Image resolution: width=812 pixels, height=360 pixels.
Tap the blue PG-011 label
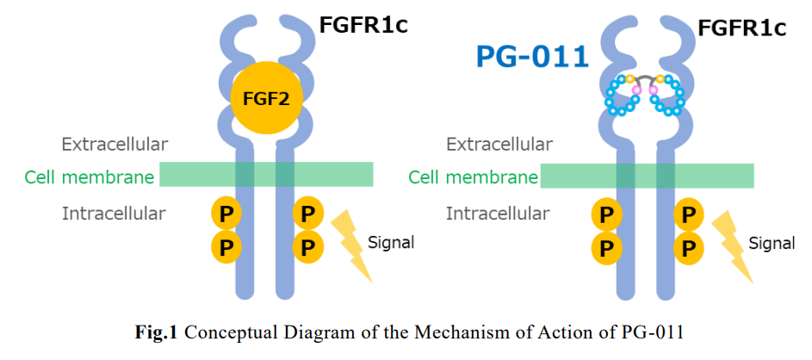pyautogui.click(x=533, y=57)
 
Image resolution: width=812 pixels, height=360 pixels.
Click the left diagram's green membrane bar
pyautogui.click(x=266, y=174)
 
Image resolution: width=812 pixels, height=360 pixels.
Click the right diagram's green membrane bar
pyautogui.click(x=647, y=176)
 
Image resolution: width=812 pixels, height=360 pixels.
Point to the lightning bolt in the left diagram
pyautogui.click(x=351, y=246)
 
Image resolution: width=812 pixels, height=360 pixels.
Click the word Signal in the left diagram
pyautogui.click(x=391, y=242)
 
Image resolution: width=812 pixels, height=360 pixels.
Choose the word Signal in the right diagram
pyautogui.click(x=772, y=242)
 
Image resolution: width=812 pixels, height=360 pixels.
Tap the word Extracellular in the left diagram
pyautogui.click(x=115, y=144)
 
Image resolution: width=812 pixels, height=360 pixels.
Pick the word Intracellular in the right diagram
pyautogui.click(x=498, y=213)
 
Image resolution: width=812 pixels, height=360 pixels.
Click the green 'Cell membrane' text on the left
pyautogui.click(x=90, y=177)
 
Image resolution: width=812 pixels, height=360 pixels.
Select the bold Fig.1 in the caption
pyautogui.click(x=155, y=332)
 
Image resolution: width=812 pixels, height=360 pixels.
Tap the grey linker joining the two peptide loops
pyautogui.click(x=645, y=78)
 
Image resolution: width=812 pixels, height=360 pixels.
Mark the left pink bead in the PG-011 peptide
pyautogui.click(x=636, y=90)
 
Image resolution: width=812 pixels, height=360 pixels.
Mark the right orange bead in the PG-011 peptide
pyautogui.click(x=660, y=79)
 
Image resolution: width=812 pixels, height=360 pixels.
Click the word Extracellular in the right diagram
pyautogui.click(x=499, y=144)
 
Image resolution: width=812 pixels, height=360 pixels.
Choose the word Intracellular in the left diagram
pyautogui.click(x=114, y=213)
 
